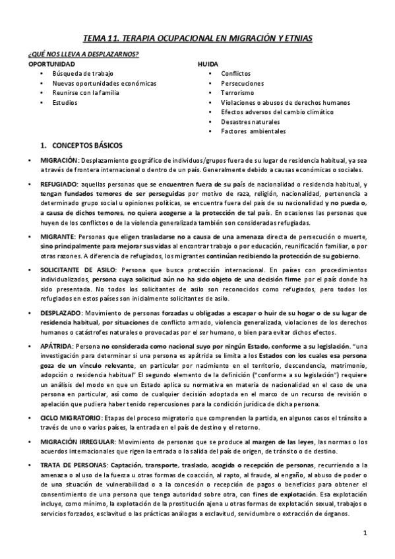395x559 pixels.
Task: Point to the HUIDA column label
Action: tap(208, 64)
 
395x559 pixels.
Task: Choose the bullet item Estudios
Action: tap(65, 103)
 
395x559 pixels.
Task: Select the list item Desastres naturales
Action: tap(251, 122)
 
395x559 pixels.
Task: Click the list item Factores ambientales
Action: tap(253, 131)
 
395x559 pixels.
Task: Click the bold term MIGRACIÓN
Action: tap(59, 160)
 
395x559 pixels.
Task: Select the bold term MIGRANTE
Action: tap(57, 237)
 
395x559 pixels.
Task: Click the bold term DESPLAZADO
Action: tap(61, 313)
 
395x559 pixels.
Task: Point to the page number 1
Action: tap(364, 531)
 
